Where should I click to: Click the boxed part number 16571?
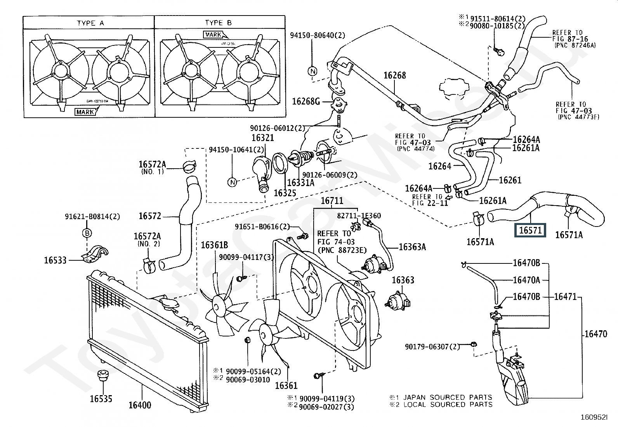pyautogui.click(x=530, y=230)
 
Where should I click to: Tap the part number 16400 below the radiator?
pyautogui.click(x=140, y=405)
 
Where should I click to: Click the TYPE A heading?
pyautogui.click(x=90, y=23)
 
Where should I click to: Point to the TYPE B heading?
pyautogui.click(x=218, y=23)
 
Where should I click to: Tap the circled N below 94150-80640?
pyautogui.click(x=312, y=71)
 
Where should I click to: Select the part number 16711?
pyautogui.click(x=332, y=201)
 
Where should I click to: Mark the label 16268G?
pyautogui.click(x=306, y=101)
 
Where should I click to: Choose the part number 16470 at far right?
pyautogui.click(x=595, y=333)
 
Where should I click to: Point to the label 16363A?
pyautogui.click(x=412, y=247)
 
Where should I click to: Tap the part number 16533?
pyautogui.click(x=56, y=260)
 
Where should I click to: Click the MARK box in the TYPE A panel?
pyautogui.click(x=85, y=112)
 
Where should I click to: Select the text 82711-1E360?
pyautogui.click(x=359, y=216)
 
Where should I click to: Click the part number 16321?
pyautogui.click(x=262, y=138)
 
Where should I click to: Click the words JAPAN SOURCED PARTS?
pyautogui.click(x=448, y=397)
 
